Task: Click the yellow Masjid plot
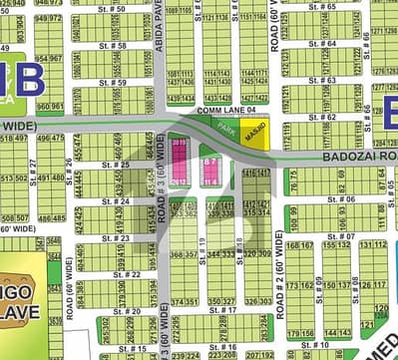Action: tap(255, 137)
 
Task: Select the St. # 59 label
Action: tap(113, 83)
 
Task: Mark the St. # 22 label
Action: tap(125, 274)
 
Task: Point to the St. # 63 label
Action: tap(322, 81)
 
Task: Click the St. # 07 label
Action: tap(341, 236)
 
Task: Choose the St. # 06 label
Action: tap(341, 199)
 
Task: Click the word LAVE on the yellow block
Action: tap(20, 288)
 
